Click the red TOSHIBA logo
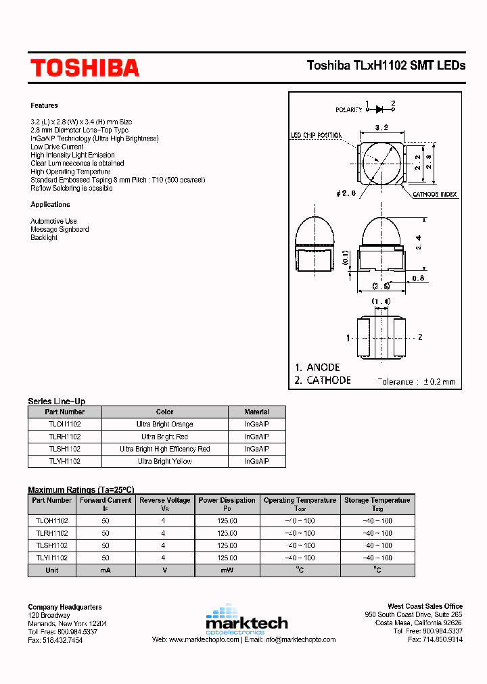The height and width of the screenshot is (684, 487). (85, 68)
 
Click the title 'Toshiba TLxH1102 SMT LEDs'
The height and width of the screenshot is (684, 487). (386, 66)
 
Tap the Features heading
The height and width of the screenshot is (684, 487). (44, 105)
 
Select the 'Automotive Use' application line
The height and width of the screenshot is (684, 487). (53, 221)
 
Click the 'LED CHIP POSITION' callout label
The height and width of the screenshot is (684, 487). (316, 135)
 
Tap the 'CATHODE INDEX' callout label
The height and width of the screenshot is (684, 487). (435, 194)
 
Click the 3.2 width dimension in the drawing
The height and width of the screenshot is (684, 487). (381, 127)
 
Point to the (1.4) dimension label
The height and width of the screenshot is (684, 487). (381, 301)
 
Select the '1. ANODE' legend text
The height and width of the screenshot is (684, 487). (317, 367)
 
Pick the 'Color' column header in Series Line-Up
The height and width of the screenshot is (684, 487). (164, 412)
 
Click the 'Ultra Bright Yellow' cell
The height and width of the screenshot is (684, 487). (164, 461)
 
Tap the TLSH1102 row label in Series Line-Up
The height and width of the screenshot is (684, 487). (64, 449)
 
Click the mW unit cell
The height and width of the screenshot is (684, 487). (227, 570)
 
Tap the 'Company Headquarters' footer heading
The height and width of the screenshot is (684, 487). (65, 607)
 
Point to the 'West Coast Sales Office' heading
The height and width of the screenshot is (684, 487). (425, 606)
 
